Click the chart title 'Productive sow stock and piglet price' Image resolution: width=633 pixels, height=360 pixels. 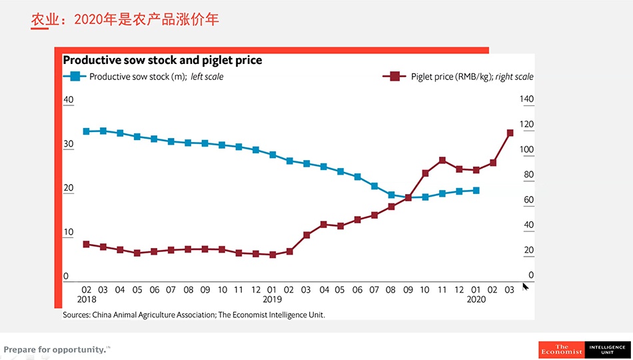pos(162,60)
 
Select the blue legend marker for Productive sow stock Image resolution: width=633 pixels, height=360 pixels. pos(75,77)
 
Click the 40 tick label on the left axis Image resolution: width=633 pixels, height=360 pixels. pos(68,100)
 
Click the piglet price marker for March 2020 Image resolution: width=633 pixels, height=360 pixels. pos(510,133)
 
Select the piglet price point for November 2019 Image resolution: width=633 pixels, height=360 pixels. pos(442,160)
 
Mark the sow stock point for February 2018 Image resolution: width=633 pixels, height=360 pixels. pos(86,131)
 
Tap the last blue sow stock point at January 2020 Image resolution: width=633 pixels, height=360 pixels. pos(476,191)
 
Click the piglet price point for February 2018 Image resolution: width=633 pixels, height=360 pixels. pos(86,244)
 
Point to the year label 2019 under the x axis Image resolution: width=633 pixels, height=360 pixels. pos(273,300)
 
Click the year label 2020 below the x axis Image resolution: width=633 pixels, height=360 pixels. pos(476,300)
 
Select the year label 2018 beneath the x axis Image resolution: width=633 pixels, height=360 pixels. pos(87,300)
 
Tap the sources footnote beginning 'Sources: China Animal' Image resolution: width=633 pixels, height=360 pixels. pos(194,315)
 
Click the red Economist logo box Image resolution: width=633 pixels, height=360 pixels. pos(561,349)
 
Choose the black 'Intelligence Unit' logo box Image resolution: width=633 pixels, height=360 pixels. pos(607,349)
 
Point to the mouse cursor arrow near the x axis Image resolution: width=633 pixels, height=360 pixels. pos(525,286)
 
